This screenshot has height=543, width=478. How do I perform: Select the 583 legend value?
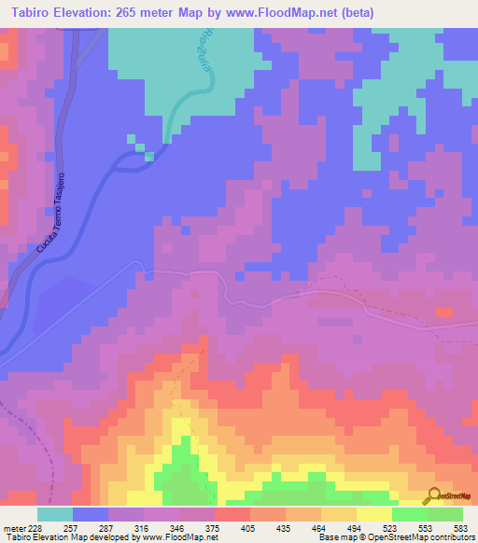click(463, 527)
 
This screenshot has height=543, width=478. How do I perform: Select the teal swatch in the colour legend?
click(54, 514)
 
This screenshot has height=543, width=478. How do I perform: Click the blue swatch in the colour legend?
click(90, 514)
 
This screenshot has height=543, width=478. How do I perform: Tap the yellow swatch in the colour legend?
click(373, 514)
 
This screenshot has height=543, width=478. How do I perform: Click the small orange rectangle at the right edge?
click(443, 312)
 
